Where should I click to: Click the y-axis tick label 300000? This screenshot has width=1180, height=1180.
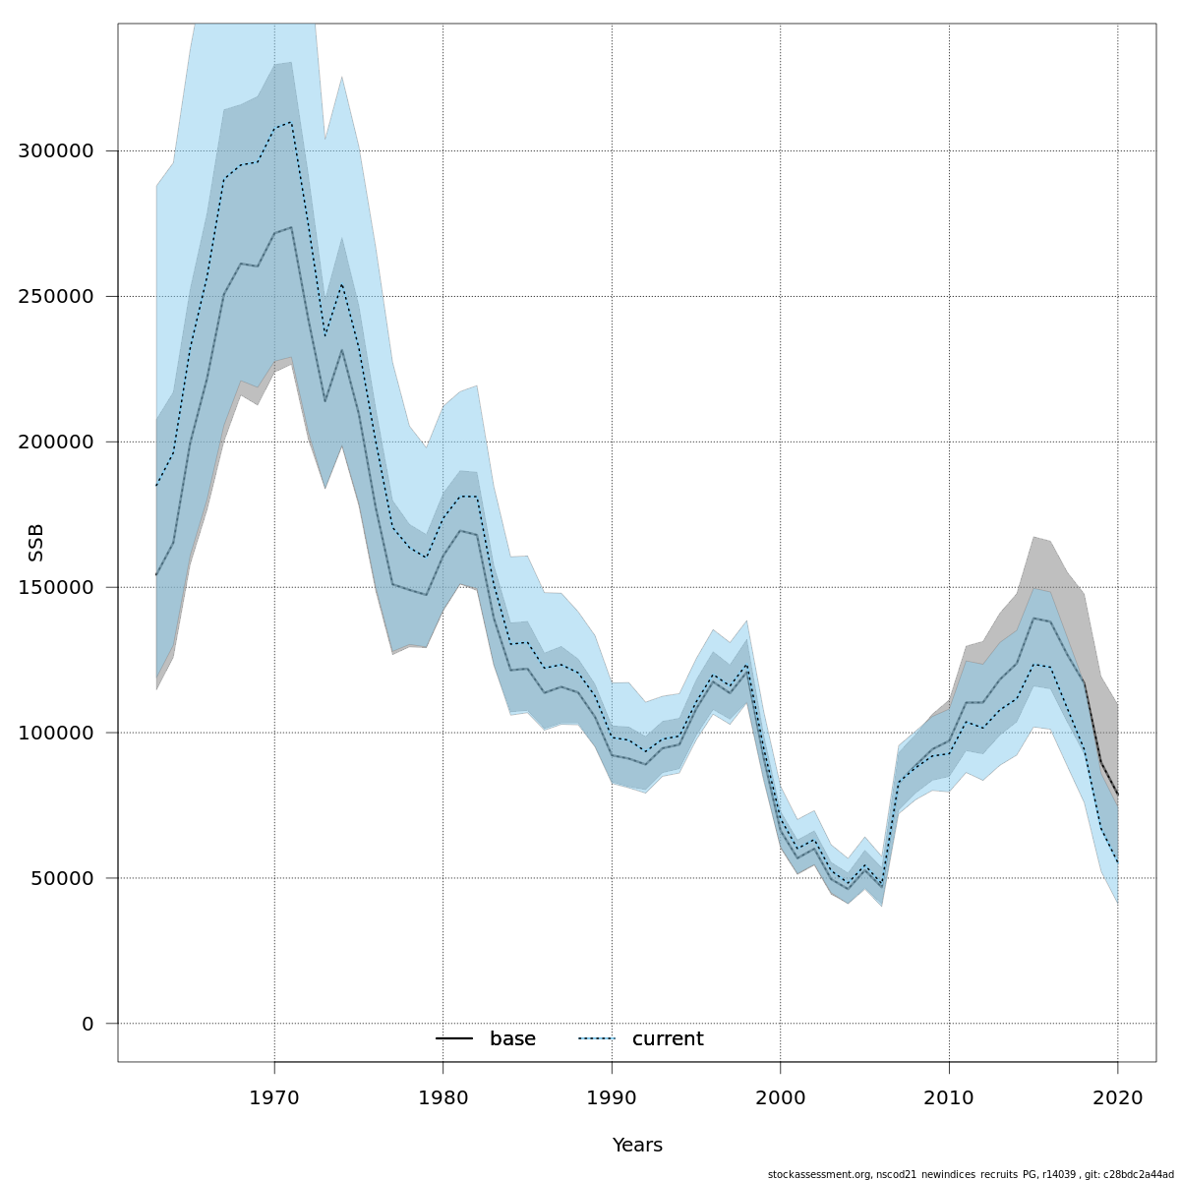click(x=56, y=151)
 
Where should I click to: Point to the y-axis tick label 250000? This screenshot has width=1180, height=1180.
click(x=56, y=297)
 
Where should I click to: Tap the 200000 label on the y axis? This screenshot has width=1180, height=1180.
click(x=56, y=442)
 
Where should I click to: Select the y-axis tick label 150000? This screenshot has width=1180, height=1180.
click(x=56, y=588)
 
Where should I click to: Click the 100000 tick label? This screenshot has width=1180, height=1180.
click(x=56, y=734)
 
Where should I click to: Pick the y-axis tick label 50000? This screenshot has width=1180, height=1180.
click(x=62, y=878)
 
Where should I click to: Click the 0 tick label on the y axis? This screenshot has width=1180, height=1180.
click(x=88, y=1024)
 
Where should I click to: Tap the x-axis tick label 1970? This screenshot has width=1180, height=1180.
click(x=274, y=1096)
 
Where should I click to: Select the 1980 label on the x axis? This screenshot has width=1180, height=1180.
click(x=442, y=1096)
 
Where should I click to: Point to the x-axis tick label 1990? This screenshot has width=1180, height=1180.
click(x=612, y=1096)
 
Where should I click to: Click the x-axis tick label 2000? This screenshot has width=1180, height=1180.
click(x=781, y=1096)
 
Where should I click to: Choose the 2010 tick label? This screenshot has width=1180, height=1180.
click(x=949, y=1096)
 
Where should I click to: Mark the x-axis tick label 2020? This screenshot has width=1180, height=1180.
click(x=1118, y=1096)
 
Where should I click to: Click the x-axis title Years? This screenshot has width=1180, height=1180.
click(x=637, y=1146)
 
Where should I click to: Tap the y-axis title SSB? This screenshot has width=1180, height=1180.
click(x=36, y=543)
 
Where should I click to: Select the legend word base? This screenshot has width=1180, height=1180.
click(x=512, y=1039)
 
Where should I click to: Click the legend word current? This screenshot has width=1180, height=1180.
click(x=668, y=1039)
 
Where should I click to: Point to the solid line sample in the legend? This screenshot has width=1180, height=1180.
click(x=454, y=1039)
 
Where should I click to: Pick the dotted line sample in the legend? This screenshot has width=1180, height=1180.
click(x=596, y=1039)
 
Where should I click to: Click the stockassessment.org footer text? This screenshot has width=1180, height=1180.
click(x=971, y=1174)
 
